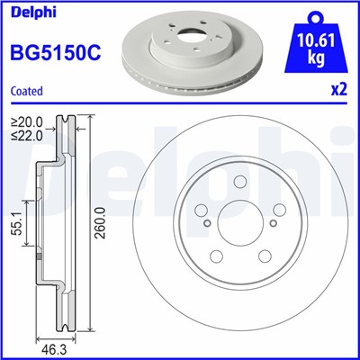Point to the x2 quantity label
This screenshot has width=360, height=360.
(338, 90)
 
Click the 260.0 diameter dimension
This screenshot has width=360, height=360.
(108, 217)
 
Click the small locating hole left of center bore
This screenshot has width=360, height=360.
(206, 224)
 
